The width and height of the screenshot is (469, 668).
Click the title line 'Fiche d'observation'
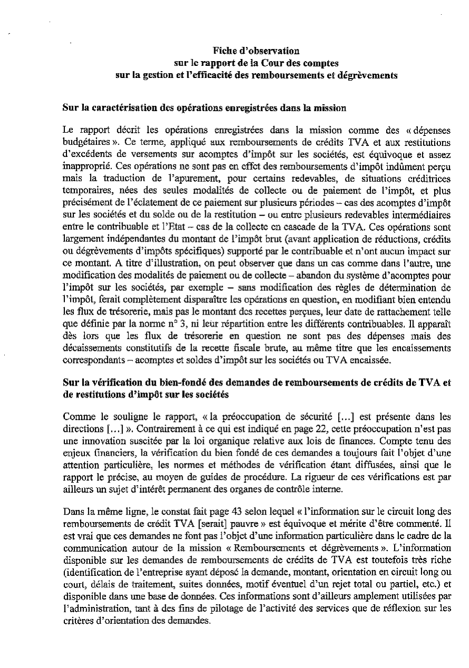coord(256,51)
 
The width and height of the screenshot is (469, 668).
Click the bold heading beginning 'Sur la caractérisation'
coord(204,109)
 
